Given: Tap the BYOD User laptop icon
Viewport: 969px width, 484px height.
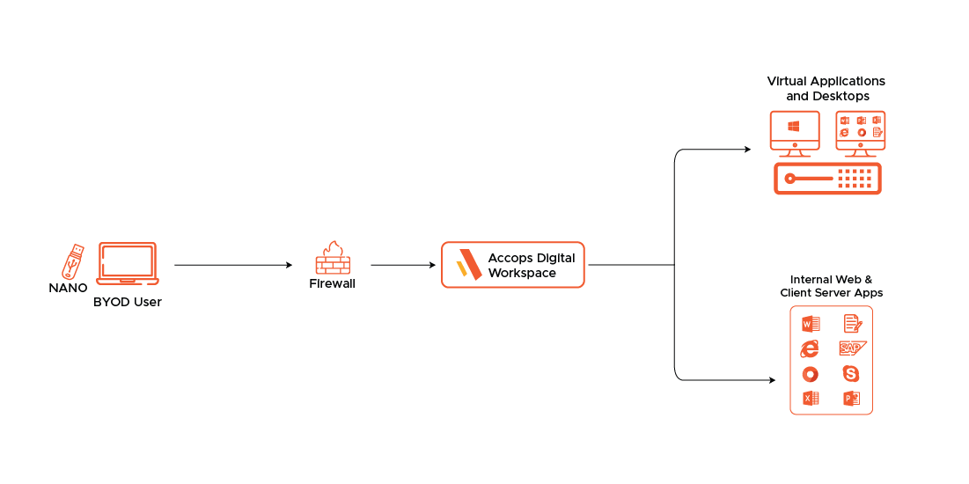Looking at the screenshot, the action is tap(128, 264).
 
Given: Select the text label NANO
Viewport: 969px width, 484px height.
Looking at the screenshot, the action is tap(68, 288).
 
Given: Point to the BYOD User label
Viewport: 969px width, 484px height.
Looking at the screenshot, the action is tap(128, 302).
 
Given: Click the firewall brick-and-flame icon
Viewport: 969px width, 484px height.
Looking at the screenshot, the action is tap(333, 258).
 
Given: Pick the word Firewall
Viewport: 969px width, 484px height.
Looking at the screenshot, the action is tap(333, 284).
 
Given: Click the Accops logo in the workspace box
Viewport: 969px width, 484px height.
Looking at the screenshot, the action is tap(468, 265).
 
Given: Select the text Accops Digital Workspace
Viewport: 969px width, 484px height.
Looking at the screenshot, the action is tap(532, 265).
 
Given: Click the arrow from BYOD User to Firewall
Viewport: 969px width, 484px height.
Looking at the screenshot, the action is tap(233, 265).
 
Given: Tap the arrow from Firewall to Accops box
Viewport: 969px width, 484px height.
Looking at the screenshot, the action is tap(403, 265).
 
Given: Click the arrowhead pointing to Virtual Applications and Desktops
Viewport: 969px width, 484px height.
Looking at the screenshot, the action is tap(748, 150).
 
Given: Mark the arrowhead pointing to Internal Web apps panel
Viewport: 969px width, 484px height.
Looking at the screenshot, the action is tap(772, 380).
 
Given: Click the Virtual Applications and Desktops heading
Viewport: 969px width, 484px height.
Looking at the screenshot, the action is tap(826, 88).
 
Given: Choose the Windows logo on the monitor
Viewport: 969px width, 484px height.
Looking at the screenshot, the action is tap(794, 127).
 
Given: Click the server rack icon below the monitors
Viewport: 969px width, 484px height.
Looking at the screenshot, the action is tap(827, 180).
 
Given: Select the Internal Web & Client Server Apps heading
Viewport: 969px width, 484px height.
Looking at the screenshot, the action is tap(831, 286).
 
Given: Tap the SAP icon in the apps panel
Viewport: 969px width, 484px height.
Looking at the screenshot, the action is tap(852, 348).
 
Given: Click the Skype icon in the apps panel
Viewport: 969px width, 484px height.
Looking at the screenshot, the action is tap(852, 373).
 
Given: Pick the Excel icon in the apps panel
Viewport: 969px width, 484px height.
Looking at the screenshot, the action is tap(811, 399).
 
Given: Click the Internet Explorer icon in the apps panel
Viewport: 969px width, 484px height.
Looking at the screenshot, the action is tap(810, 348).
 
